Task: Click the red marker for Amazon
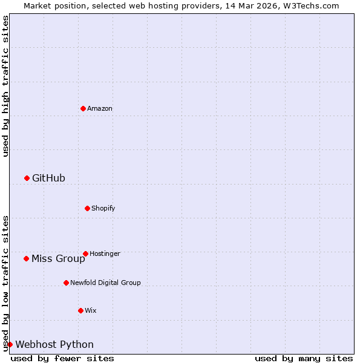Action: point(83,108)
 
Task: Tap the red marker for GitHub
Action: point(27,178)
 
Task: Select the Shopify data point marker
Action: point(87,208)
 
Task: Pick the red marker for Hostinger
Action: point(85,253)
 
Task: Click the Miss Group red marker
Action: point(26,258)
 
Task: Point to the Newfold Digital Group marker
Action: point(66,283)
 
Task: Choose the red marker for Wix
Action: point(80,310)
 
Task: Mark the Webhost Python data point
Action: point(10,344)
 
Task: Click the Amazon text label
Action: point(100,109)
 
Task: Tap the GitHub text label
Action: point(48,178)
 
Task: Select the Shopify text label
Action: point(103,209)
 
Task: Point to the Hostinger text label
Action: point(105,254)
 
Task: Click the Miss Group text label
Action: point(58,259)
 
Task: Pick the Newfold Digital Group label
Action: point(105,283)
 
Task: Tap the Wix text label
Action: point(91,311)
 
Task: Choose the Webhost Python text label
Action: point(54,345)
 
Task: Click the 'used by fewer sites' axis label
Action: point(62,358)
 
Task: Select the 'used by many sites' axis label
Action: point(304,358)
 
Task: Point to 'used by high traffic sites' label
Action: point(5,86)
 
